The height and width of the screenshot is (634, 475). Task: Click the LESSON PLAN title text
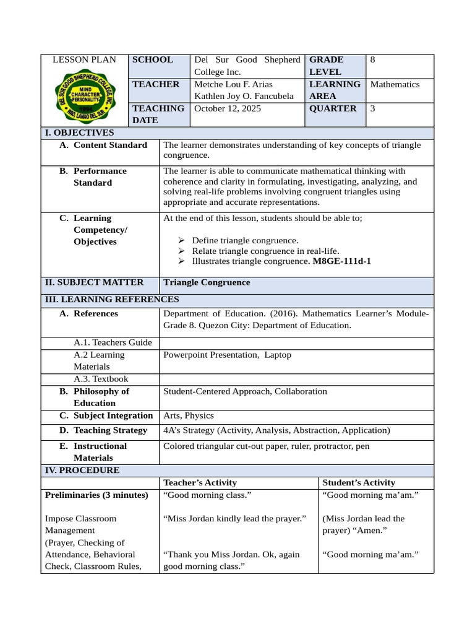pos(84,60)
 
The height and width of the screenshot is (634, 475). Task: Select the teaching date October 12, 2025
pos(228,108)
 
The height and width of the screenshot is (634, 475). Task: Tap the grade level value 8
pos(373,60)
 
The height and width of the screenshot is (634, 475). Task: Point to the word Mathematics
pos(395,84)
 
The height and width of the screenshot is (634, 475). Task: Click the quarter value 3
pos(373,108)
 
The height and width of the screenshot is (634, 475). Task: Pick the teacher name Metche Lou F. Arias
pos(233,84)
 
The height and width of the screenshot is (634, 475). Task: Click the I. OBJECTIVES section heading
pos(79,132)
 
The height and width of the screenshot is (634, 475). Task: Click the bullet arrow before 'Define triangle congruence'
pos(181,240)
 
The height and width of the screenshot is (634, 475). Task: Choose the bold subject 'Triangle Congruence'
pos(207,282)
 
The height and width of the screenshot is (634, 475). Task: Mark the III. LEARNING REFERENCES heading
pos(112,300)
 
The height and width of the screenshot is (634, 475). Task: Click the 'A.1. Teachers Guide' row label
pos(113,342)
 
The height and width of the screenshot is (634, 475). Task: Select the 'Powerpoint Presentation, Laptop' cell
pos(227,355)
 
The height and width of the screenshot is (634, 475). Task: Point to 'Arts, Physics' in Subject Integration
pos(188,415)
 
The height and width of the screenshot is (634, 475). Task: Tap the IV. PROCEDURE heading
pos(82,471)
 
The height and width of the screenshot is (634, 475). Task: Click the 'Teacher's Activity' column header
pos(200,483)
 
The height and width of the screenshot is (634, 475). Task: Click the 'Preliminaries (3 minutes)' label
pos(97,495)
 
